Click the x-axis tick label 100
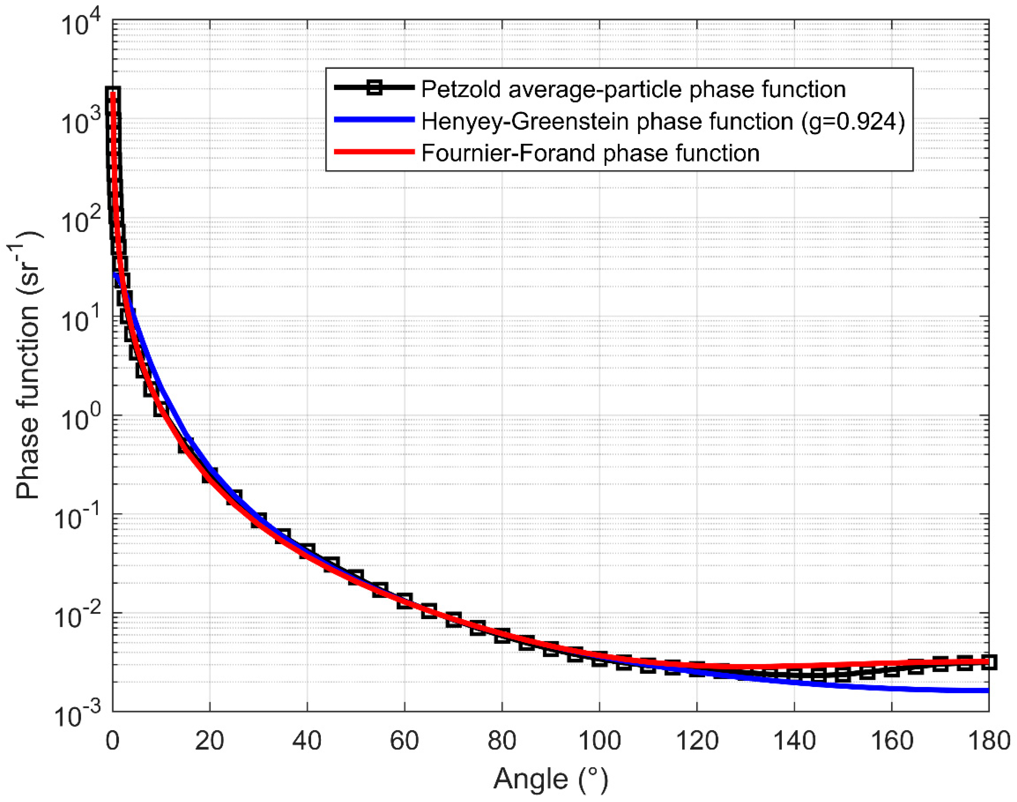[599, 741]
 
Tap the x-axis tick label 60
[404, 741]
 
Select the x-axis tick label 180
[989, 741]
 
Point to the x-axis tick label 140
[794, 741]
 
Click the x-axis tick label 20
[209, 741]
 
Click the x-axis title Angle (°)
[550, 779]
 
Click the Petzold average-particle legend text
[633, 89]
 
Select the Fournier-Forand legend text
[590, 153]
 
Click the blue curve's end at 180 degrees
[988, 690]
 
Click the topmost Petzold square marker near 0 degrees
[113, 94]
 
